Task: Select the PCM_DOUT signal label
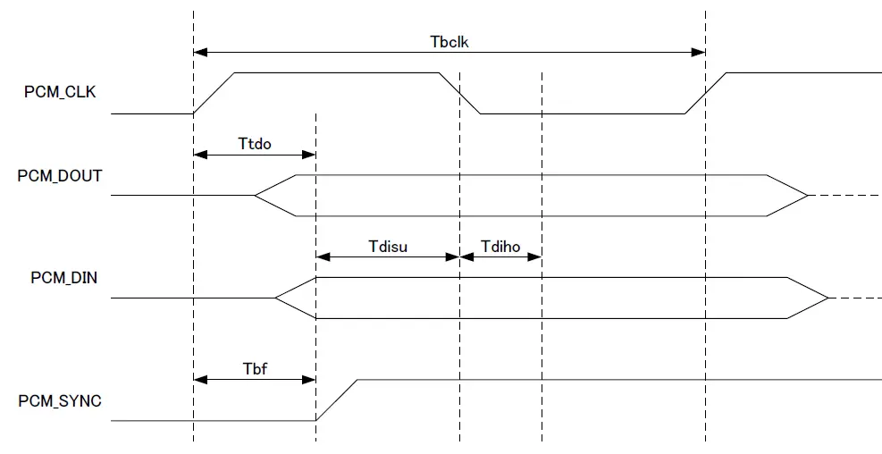click(59, 176)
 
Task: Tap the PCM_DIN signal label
click(63, 278)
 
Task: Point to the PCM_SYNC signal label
click(60, 401)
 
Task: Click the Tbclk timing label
click(449, 41)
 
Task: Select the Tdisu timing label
click(388, 245)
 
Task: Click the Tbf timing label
click(255, 367)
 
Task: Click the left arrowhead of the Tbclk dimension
click(198, 53)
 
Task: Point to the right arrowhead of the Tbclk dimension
click(700, 53)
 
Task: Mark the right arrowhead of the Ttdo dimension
click(310, 155)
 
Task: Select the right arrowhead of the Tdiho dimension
click(536, 256)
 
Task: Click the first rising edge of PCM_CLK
click(214, 93)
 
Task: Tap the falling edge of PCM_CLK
click(460, 93)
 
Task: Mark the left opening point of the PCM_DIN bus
click(276, 298)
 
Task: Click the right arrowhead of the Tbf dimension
click(310, 380)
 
